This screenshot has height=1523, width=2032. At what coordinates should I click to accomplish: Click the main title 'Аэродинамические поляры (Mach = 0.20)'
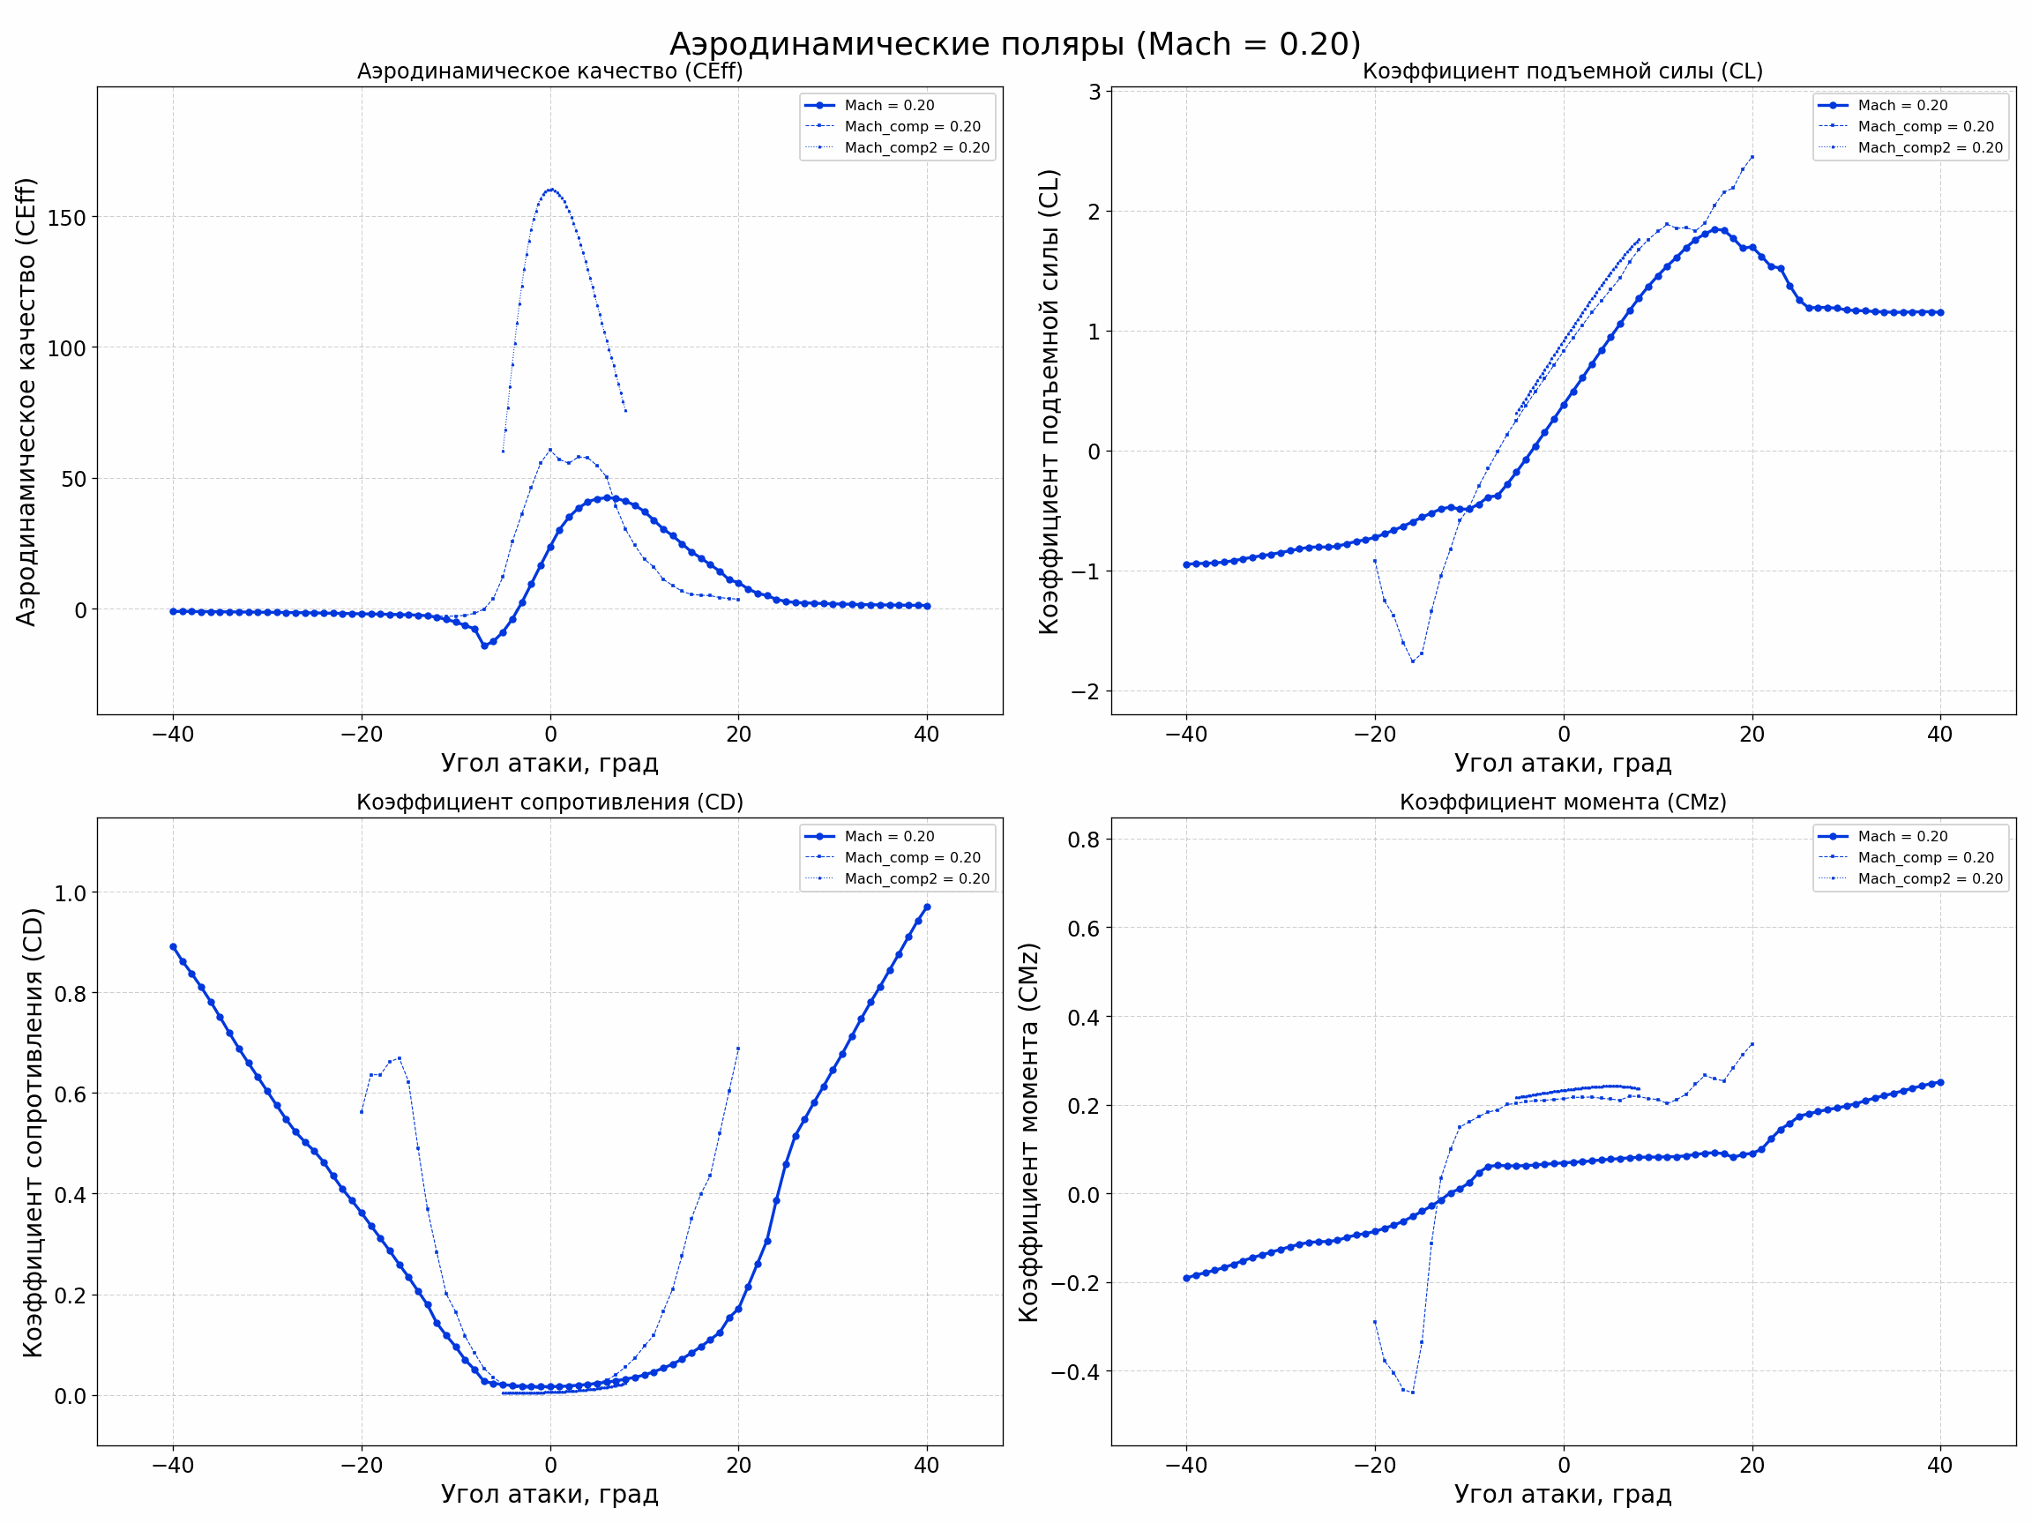click(x=1014, y=44)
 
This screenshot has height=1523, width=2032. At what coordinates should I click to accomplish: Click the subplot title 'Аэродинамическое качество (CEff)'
click(x=549, y=71)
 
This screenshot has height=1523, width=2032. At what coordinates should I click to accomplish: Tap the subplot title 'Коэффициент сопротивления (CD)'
click(x=549, y=802)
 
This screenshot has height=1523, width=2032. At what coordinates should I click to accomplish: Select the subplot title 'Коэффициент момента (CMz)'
click(x=1563, y=802)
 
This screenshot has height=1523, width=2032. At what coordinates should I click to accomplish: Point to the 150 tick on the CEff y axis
click(x=66, y=218)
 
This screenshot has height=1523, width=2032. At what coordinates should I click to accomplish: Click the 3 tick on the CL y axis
click(x=1094, y=92)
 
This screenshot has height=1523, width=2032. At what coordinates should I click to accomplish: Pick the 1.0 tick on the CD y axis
click(x=70, y=892)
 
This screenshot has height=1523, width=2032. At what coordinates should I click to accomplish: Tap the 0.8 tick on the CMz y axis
click(x=1083, y=840)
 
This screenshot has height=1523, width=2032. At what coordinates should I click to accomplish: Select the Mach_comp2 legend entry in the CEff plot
click(x=915, y=148)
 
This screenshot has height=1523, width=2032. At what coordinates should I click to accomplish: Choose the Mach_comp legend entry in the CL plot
click(x=1924, y=127)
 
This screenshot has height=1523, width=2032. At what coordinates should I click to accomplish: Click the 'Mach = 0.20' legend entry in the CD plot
click(x=888, y=837)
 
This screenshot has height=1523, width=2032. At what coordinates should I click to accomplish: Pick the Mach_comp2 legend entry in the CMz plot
click(x=1929, y=879)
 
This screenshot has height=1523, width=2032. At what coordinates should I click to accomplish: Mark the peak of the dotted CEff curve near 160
click(x=550, y=190)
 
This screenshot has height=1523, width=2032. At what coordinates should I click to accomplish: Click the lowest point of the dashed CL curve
click(x=1413, y=661)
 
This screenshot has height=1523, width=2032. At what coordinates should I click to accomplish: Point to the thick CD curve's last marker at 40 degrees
click(x=927, y=907)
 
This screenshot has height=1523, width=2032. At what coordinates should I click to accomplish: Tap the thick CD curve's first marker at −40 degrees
click(x=173, y=946)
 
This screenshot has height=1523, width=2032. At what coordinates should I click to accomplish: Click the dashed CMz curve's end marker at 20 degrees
click(x=1752, y=1044)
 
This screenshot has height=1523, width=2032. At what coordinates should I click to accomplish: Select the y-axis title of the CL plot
click(x=1049, y=401)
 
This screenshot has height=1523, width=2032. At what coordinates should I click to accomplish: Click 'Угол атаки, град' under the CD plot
click(x=549, y=1495)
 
